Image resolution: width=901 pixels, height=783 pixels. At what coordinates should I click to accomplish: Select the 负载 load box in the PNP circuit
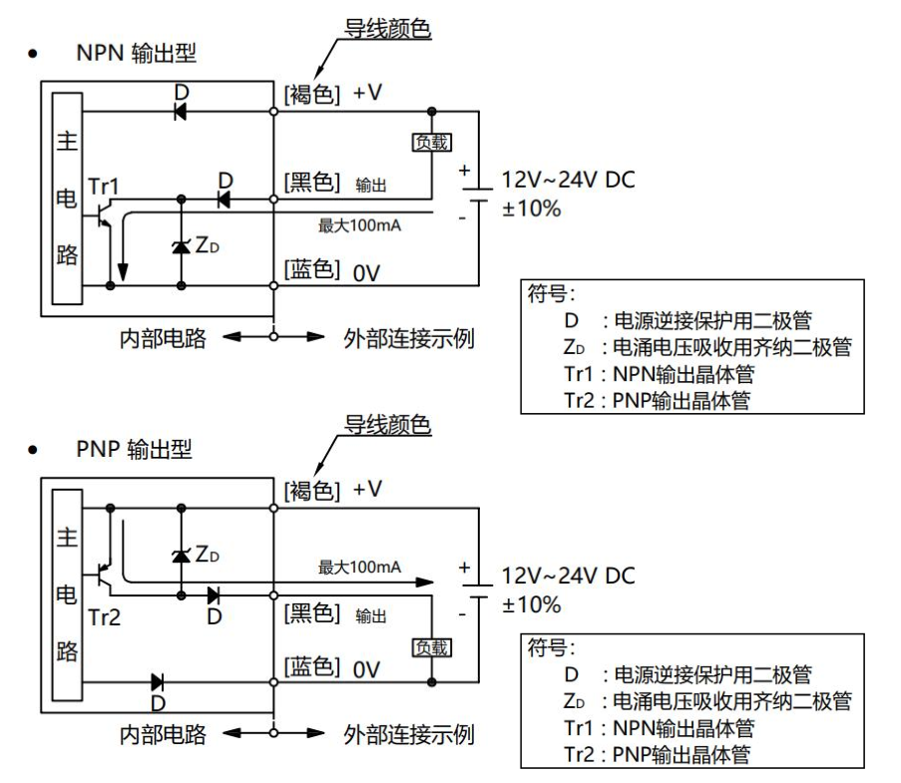click(x=432, y=647)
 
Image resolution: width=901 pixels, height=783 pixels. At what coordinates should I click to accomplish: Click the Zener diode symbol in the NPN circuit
click(x=181, y=244)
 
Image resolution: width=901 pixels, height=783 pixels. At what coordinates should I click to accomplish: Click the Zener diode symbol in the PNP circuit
click(x=181, y=553)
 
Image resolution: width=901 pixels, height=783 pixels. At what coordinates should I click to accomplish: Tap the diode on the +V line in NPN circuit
click(x=181, y=112)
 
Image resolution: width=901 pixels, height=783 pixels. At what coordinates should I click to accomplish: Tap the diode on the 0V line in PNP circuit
click(x=158, y=683)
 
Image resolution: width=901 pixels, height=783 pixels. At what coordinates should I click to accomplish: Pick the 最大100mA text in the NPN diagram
click(x=359, y=225)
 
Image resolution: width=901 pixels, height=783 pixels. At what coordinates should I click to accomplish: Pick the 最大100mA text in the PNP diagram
click(x=359, y=568)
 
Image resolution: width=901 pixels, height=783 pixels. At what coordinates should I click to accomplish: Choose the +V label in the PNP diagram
click(x=367, y=490)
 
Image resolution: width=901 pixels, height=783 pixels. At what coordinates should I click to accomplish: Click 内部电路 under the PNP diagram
click(x=163, y=735)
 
